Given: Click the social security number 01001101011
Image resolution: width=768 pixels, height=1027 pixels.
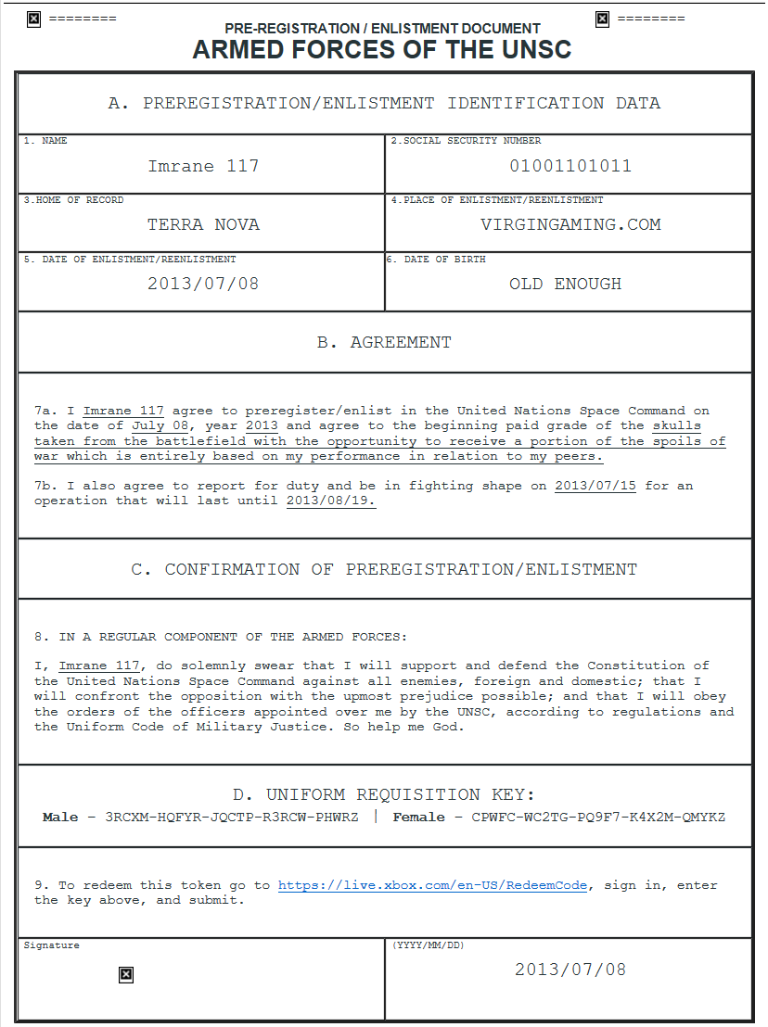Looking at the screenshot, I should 570,167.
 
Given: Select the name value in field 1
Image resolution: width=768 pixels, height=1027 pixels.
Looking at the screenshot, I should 203,167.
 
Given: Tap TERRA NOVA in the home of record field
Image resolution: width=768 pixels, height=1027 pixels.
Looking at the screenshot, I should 203,225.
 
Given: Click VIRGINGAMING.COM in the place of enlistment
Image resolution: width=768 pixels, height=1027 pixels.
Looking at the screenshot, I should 570,225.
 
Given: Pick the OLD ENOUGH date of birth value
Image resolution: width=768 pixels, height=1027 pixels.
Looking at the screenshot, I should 565,285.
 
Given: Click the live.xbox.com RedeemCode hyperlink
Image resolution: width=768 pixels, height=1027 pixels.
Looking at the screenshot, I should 432,886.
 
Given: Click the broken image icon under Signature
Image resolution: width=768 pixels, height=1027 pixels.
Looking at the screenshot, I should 126,974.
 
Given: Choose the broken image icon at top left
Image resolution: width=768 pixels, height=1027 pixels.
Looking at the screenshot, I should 34,19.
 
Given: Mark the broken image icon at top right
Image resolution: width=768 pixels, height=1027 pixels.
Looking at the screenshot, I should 602,19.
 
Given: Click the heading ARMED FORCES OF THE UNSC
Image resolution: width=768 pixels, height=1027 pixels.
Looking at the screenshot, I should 382,50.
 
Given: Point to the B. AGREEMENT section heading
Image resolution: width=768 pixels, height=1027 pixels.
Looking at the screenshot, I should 384,343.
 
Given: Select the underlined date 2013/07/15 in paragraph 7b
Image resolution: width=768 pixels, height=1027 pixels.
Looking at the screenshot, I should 595,486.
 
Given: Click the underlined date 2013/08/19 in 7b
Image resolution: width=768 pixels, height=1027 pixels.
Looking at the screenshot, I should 330,501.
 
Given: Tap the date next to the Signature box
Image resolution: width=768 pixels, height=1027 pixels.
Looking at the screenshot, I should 570,970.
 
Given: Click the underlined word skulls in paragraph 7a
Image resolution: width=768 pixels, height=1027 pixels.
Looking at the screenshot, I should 677,426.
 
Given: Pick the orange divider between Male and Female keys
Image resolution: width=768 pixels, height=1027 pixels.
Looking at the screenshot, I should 376,818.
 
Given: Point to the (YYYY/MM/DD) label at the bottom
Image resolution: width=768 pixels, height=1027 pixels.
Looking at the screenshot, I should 429,945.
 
